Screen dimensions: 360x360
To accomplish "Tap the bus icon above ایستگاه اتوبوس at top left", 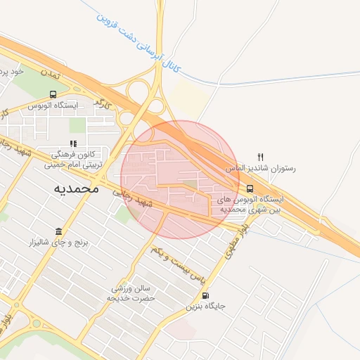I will tap(53, 94).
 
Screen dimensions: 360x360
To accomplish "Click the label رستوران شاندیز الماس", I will tap(261, 169).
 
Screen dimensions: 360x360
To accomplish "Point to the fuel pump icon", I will tap(205, 295).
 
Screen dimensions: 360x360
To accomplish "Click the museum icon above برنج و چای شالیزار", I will tap(58, 231).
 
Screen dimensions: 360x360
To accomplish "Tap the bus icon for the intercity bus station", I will tap(251, 188).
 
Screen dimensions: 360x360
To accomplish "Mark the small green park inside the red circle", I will tap(190, 186).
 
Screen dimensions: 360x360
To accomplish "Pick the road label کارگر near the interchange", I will tap(103, 105).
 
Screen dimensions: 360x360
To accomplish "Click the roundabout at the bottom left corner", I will tap(36, 325).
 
